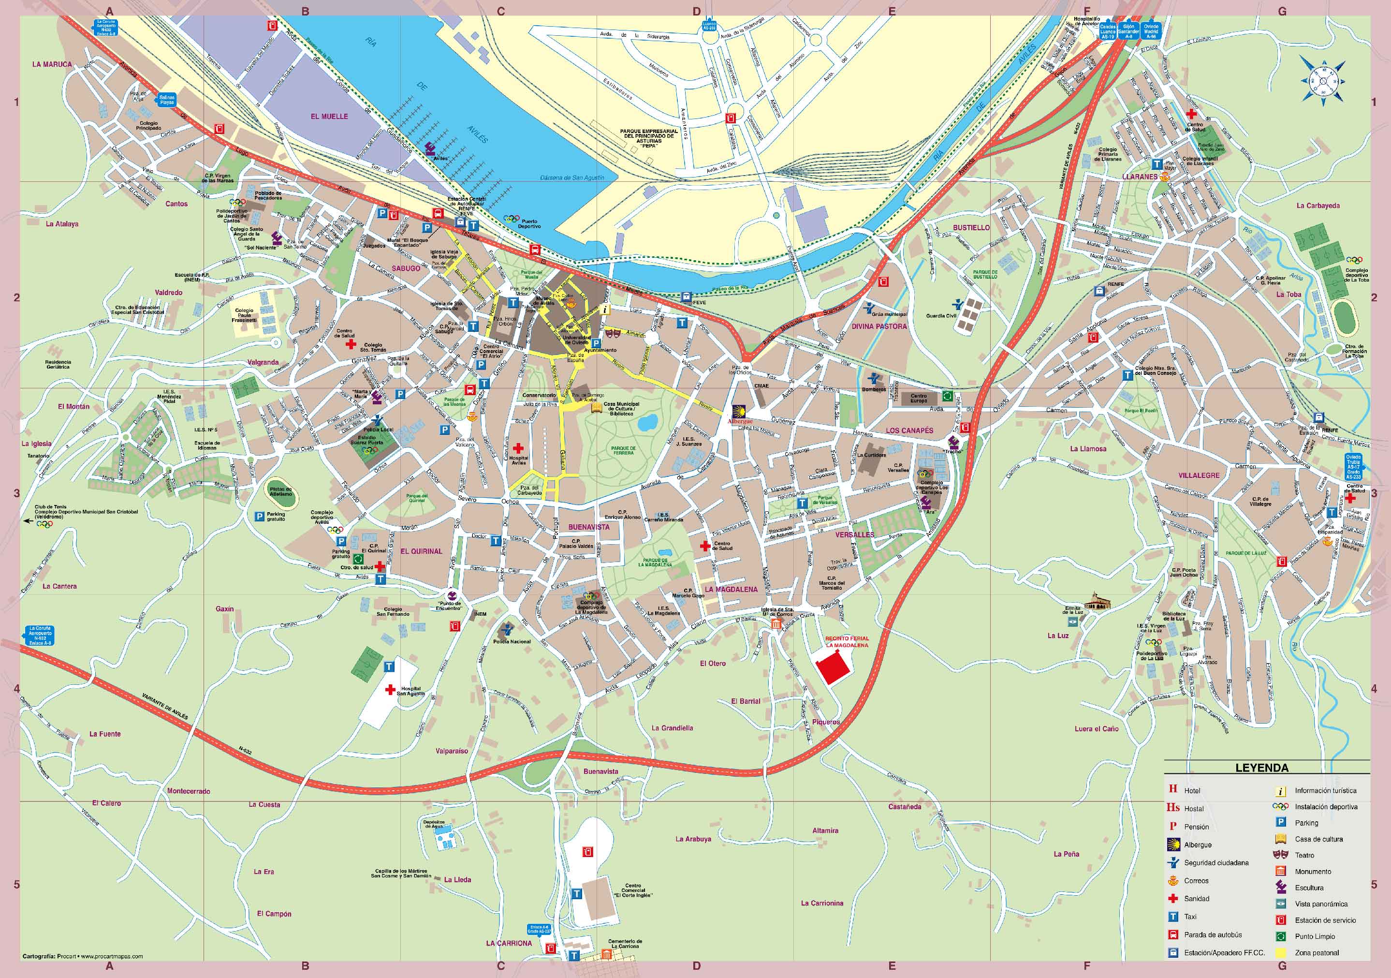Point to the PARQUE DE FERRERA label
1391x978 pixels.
pyautogui.click(x=623, y=451)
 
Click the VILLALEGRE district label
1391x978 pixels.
pyautogui.click(x=1199, y=475)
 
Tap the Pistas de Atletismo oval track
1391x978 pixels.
pyautogui.click(x=280, y=491)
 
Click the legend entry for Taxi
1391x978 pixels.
pyautogui.click(x=1190, y=917)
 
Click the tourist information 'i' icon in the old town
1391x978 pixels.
pyautogui.click(x=605, y=309)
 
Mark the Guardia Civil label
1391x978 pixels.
pyautogui.click(x=941, y=316)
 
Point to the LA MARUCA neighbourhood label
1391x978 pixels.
pyautogui.click(x=52, y=64)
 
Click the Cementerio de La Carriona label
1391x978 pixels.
pyautogui.click(x=625, y=944)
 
